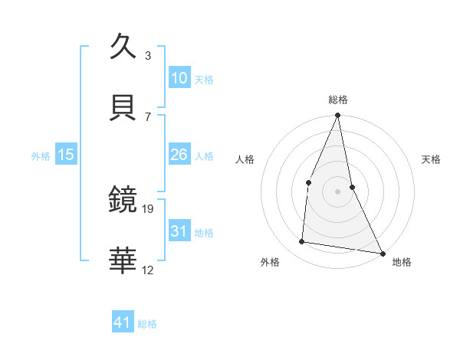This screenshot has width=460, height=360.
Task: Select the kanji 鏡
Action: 123,200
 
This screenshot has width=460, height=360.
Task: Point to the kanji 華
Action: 123,260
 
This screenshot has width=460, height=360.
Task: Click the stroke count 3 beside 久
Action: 148,56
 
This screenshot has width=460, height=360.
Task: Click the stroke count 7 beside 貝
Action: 148,116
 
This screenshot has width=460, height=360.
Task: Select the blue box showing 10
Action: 179,77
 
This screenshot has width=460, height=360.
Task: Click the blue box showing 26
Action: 179,155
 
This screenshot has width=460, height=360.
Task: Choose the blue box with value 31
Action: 179,231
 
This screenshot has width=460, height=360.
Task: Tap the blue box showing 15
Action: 66,155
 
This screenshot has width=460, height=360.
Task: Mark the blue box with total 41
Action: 123,322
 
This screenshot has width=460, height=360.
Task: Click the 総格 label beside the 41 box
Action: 147,324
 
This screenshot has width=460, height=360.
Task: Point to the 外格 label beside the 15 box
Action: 41,156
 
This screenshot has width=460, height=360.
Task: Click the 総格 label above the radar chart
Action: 337,100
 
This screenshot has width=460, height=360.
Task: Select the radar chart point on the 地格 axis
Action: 382,253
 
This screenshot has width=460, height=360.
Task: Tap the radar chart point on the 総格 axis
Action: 337,116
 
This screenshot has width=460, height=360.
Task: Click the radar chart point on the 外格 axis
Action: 302,242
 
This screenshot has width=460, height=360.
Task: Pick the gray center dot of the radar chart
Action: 337,191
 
